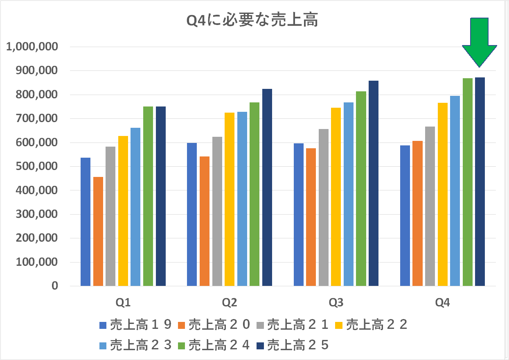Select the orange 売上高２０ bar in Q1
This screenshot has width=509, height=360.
(98, 231)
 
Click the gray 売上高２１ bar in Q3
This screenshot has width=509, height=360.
(324, 207)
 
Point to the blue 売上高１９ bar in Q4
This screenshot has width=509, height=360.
(405, 215)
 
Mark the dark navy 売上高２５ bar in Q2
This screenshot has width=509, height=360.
(267, 187)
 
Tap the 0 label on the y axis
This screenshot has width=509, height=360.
(54, 286)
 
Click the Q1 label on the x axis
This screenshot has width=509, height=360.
(123, 303)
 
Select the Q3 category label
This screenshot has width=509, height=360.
(336, 303)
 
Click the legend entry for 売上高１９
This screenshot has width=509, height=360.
(135, 325)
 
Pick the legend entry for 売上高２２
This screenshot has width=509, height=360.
(372, 325)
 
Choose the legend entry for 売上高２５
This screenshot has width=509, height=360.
(293, 345)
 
